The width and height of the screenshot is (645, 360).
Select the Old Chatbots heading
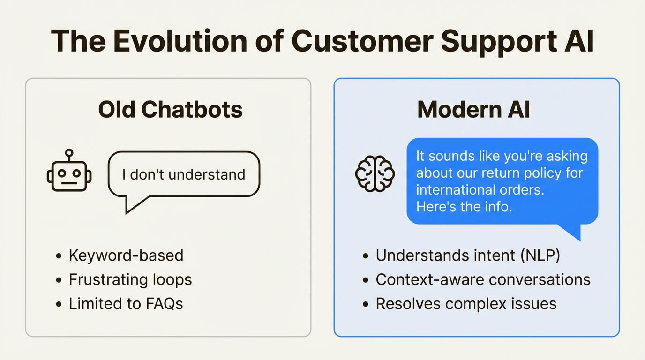[171, 110]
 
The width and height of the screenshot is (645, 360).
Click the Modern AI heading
[474, 110]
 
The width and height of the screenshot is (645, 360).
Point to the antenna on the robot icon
[69, 153]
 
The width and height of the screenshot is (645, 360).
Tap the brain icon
[375, 173]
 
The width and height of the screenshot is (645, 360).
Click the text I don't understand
[184, 174]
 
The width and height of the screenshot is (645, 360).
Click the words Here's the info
[464, 207]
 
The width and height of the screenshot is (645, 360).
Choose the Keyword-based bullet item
[126, 255]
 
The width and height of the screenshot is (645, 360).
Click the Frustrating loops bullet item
[130, 280]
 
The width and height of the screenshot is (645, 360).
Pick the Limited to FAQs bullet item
[126, 304]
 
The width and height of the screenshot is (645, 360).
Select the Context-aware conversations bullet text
[483, 280]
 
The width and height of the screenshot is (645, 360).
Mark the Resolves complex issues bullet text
[466, 304]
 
